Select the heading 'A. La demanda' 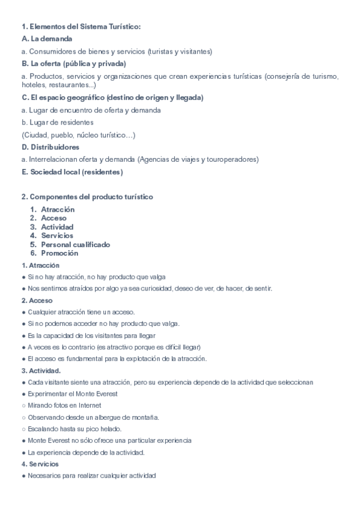coord(46,38)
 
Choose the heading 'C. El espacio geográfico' coord(112,97)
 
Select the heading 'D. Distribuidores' coord(50,147)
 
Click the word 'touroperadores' coord(231,159)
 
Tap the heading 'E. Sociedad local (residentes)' coord(72,172)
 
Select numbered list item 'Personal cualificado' coord(75,245)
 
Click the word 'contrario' coord(81,347)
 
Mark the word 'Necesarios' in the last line coord(44,476)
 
